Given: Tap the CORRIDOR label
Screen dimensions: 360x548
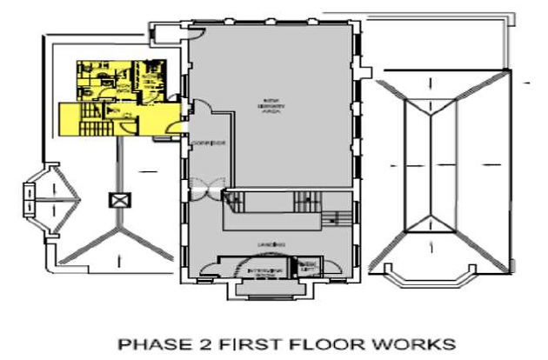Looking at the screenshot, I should pos(212,142).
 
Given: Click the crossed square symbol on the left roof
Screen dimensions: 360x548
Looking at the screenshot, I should pos(117,199).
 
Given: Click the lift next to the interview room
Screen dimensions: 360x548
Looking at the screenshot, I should pos(307,265).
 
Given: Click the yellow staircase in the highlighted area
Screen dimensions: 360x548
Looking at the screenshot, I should pos(90,121).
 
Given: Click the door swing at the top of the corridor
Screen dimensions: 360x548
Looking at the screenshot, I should pos(202,110).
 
